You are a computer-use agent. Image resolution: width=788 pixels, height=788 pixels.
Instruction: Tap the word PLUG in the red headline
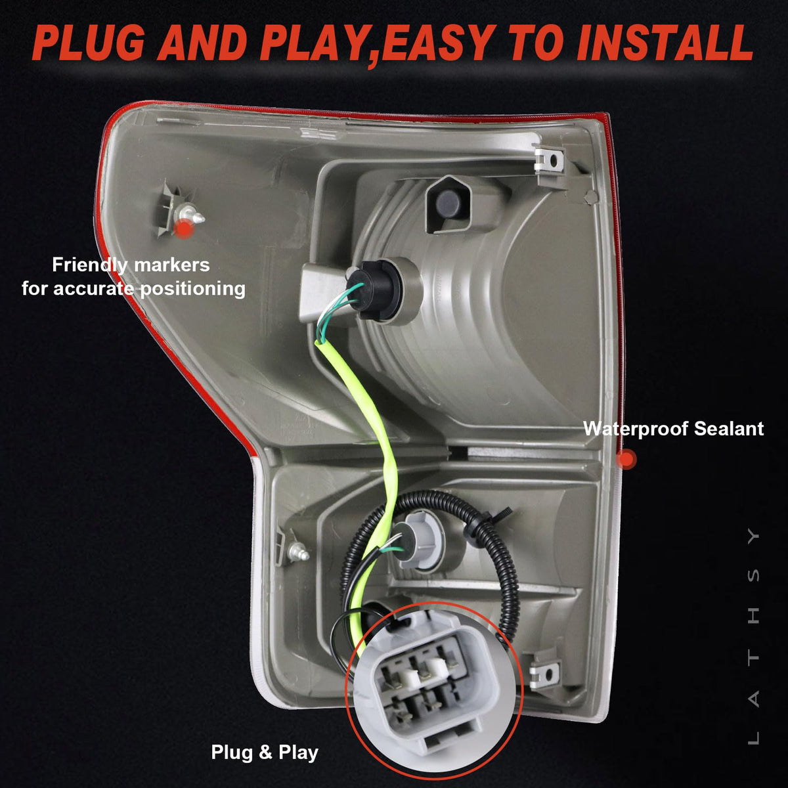point(89,43)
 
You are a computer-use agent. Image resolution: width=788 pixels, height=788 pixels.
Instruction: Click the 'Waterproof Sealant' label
point(673,429)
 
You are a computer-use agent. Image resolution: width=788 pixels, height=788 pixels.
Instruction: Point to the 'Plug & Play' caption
point(265,753)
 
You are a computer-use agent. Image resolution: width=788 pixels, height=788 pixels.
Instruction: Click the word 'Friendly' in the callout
point(90,265)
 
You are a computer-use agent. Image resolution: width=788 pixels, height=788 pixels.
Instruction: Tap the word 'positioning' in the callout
point(192,289)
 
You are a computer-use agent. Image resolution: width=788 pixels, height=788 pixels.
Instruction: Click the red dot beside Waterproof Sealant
point(626,459)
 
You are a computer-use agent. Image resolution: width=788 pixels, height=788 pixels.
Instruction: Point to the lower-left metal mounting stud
point(299,553)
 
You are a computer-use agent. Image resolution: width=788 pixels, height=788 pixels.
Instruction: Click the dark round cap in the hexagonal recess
point(447,204)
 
